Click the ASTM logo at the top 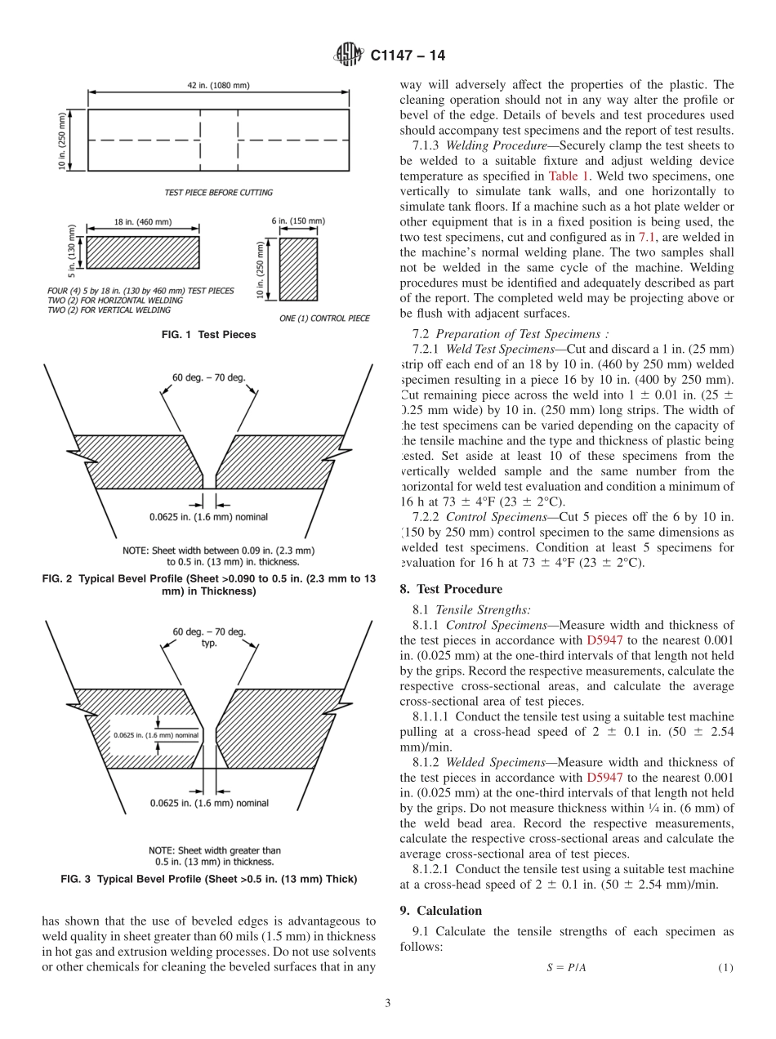coord(347,56)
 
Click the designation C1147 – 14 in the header coord(408,56)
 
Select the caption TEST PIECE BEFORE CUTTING coord(218,193)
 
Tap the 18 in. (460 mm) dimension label coord(142,222)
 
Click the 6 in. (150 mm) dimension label coord(297,221)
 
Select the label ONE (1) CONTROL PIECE coord(323,318)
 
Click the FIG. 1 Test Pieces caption coord(209,334)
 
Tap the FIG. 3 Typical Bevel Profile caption coord(209,879)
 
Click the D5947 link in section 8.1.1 coord(604,640)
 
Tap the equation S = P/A coord(566,968)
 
